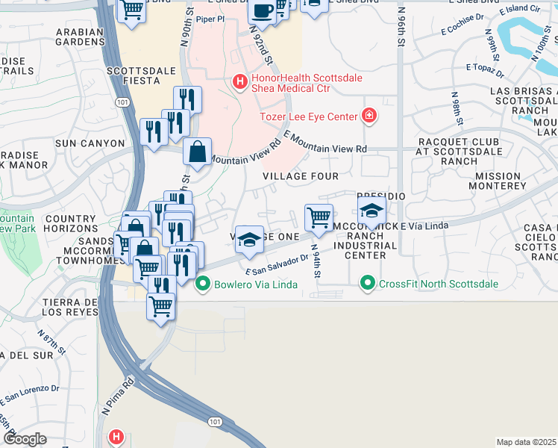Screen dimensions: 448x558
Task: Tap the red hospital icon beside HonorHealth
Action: point(239,81)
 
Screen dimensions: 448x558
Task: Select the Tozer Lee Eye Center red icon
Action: point(369,116)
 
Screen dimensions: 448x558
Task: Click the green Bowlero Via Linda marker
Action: point(201,284)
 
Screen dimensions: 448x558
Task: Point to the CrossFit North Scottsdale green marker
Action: point(367,284)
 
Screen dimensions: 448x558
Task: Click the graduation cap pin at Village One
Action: point(249,238)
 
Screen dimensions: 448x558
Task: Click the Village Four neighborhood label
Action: point(301,176)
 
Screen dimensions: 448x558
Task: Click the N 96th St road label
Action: point(401,28)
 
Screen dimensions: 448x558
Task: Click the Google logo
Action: point(25,439)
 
